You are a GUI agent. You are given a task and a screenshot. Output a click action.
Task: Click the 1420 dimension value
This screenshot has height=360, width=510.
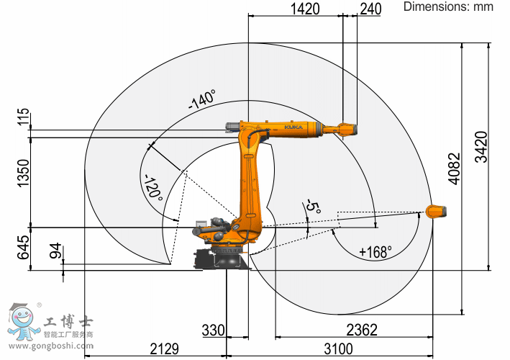pyautogui.click(x=305, y=9)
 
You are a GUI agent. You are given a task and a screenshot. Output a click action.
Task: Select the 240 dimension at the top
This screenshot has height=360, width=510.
pyautogui.click(x=370, y=9)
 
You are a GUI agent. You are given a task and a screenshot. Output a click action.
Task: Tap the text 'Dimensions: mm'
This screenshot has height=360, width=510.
pyautogui.click(x=448, y=6)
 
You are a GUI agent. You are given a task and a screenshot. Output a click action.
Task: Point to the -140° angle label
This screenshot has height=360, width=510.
pyautogui.click(x=202, y=99)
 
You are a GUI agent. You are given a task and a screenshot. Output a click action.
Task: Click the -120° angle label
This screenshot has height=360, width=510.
pyautogui.click(x=153, y=188)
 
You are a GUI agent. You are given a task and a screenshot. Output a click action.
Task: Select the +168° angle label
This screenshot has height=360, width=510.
pyautogui.click(x=375, y=251)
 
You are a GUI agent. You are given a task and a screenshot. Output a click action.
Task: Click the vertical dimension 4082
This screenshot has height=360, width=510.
pyautogui.click(x=455, y=168)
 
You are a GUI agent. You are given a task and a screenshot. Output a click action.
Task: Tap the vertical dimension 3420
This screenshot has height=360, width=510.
pyautogui.click(x=481, y=147)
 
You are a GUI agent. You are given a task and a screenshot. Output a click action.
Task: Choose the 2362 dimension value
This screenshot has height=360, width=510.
pyautogui.click(x=362, y=330)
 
